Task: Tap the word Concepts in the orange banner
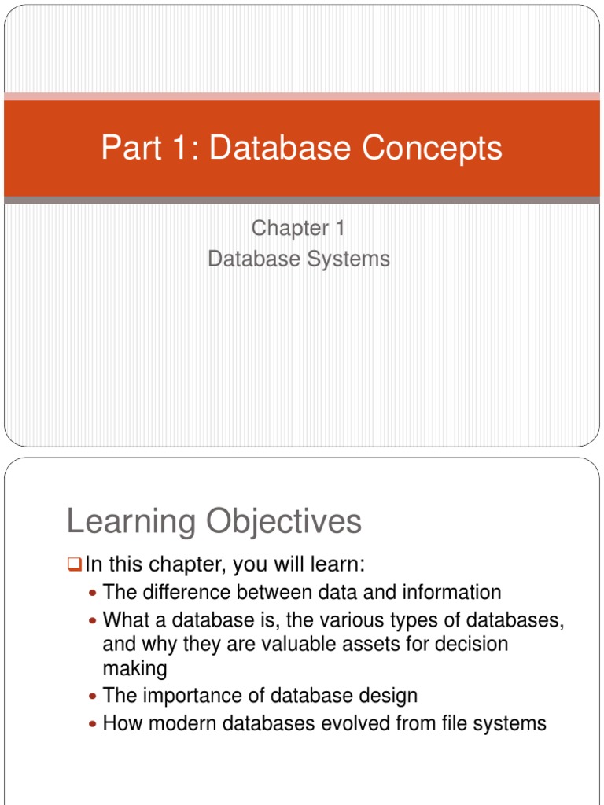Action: coord(433,148)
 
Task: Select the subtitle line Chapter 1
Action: coord(298,228)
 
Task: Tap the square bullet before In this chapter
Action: coord(75,564)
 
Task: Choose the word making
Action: coord(134,670)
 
